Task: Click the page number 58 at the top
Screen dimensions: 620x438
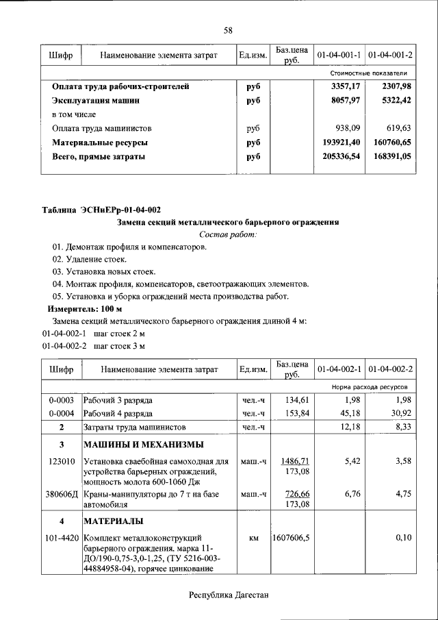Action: coord(229,29)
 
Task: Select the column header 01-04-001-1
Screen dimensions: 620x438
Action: coord(339,54)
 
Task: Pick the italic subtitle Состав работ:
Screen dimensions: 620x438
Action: coord(229,234)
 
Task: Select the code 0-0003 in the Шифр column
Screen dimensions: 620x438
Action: coord(62,399)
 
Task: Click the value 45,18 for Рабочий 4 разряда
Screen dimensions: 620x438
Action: coord(349,413)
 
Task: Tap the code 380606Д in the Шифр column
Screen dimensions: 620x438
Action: coord(62,493)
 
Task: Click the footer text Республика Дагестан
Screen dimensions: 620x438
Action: coord(229,595)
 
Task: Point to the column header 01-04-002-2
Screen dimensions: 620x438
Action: coord(391,369)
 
